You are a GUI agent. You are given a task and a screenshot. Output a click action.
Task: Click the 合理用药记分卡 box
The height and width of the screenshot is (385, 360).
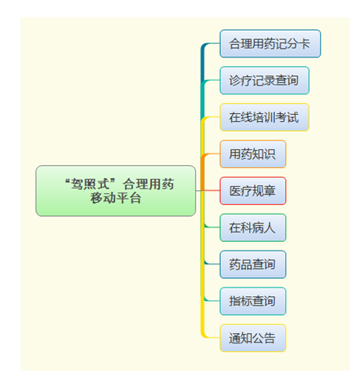pyautogui.click(x=270, y=43)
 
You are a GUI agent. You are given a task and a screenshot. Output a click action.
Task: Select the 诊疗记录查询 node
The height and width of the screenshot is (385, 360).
pyautogui.click(x=264, y=80)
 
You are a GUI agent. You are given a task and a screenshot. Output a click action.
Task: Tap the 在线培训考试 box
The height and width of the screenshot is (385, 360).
pyautogui.click(x=264, y=117)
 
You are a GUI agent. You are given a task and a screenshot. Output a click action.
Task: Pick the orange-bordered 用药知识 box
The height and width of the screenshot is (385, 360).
pyautogui.click(x=252, y=154)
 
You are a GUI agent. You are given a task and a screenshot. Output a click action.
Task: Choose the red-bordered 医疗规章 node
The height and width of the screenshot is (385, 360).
pyautogui.click(x=252, y=191)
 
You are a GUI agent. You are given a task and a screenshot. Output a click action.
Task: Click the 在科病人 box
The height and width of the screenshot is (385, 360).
pyautogui.click(x=252, y=228)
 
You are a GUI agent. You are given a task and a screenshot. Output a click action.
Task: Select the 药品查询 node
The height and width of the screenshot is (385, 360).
pyautogui.click(x=252, y=264)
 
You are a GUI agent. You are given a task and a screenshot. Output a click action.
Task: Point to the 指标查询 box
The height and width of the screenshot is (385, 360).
pyautogui.click(x=252, y=301)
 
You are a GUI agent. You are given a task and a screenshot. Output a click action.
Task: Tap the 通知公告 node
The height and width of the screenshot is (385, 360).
pyautogui.click(x=252, y=338)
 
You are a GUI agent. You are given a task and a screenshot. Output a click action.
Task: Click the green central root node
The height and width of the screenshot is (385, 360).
pyautogui.click(x=116, y=191)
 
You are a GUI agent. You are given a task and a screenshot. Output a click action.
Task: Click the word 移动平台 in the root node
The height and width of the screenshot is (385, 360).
pyautogui.click(x=116, y=198)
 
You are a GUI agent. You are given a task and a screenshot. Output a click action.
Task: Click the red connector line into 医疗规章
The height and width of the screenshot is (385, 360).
pyautogui.click(x=211, y=191)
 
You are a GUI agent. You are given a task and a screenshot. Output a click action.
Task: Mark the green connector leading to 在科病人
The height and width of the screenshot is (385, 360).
pyautogui.click(x=211, y=227)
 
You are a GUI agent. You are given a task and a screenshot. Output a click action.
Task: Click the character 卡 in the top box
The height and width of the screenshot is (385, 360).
pyautogui.click(x=305, y=43)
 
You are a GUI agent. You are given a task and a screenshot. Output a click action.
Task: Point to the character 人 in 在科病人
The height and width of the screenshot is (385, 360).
pyautogui.click(x=270, y=228)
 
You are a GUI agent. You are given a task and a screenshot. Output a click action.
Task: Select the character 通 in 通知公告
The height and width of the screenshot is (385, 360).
pyautogui.click(x=235, y=338)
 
